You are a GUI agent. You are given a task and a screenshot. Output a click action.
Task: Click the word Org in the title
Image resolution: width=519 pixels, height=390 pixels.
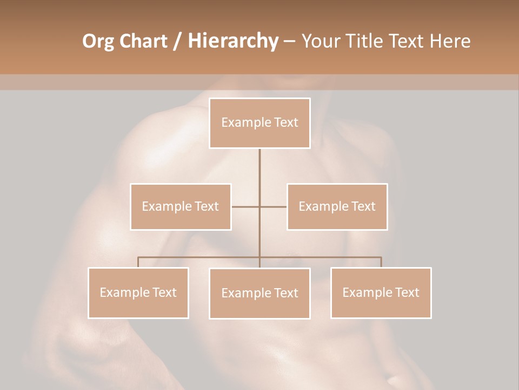click(97, 41)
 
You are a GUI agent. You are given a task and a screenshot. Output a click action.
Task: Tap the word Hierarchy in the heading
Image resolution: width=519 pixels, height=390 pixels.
click(232, 41)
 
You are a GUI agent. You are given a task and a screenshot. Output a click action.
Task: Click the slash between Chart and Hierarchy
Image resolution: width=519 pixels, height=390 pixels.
click(177, 41)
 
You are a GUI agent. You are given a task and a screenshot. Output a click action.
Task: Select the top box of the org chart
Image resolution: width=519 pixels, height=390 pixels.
click(259, 123)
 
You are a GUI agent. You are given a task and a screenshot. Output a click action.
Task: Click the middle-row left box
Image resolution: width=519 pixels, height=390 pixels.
click(181, 206)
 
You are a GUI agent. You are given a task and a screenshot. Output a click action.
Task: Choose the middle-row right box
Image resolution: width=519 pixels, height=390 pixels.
click(337, 206)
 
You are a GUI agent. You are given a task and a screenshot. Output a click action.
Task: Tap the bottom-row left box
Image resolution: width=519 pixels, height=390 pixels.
click(138, 292)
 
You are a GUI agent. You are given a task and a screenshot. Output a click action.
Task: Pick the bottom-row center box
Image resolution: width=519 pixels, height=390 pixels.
click(259, 293)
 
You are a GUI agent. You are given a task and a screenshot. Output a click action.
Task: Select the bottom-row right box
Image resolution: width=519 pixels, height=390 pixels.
click(381, 292)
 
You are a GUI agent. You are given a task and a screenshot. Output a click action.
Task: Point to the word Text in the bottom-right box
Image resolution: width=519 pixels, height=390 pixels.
click(407, 292)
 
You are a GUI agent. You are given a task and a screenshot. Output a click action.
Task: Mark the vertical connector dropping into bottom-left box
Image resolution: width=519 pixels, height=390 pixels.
click(138, 262)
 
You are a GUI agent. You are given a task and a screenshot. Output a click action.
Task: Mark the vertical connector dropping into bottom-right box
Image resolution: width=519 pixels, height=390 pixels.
click(381, 262)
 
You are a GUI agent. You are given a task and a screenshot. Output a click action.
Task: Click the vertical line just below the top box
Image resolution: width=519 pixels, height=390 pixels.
click(259, 162)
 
